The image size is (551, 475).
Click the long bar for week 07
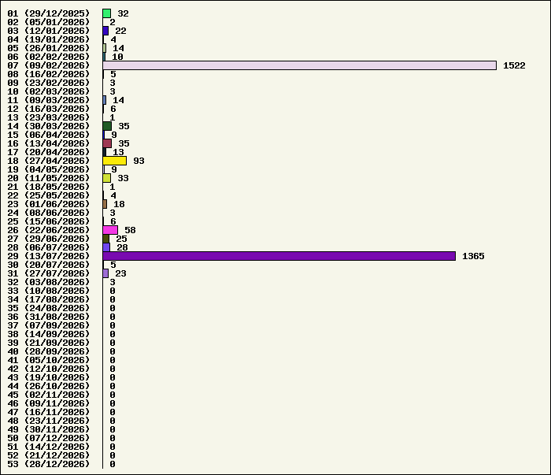tap(299, 65)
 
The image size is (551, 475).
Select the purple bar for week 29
tap(279, 256)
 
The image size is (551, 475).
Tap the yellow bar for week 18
tap(115, 161)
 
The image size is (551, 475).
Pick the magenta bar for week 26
tap(110, 230)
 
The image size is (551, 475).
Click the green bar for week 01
tap(107, 13)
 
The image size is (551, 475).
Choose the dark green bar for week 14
tap(107, 126)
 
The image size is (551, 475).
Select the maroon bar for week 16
tap(107, 143)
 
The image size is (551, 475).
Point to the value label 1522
tap(514, 65)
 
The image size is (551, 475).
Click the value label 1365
tap(473, 256)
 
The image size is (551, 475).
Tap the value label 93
tap(139, 161)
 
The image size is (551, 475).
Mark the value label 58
tap(130, 230)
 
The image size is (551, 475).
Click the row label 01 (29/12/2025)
tap(49, 13)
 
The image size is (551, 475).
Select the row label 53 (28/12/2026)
tap(49, 464)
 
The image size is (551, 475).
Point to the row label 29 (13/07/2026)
tap(49, 256)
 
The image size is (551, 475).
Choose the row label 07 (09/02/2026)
tap(49, 65)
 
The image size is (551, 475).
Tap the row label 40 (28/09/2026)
tap(49, 351)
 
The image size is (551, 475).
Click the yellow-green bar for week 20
tap(107, 178)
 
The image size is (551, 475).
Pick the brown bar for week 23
tap(105, 204)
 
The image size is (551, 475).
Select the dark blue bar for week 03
tap(105, 31)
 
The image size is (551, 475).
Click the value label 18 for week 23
tap(119, 204)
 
